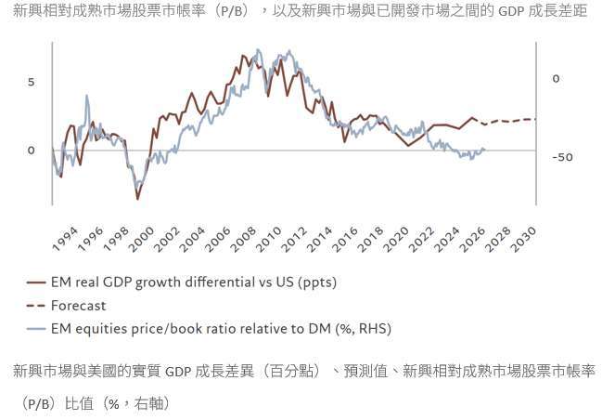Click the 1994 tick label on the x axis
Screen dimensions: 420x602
[x=64, y=239]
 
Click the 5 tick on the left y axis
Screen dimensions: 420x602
[x=31, y=82]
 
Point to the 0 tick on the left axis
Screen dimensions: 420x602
[x=31, y=150]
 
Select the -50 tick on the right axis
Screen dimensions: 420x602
[x=562, y=157]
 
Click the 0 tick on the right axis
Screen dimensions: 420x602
[x=557, y=79]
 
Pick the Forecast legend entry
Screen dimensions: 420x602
[x=79, y=305]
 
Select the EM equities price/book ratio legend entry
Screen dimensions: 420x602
[x=222, y=328]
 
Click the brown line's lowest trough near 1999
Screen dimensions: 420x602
[x=138, y=198]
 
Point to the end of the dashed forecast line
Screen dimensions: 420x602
[x=534, y=119]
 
